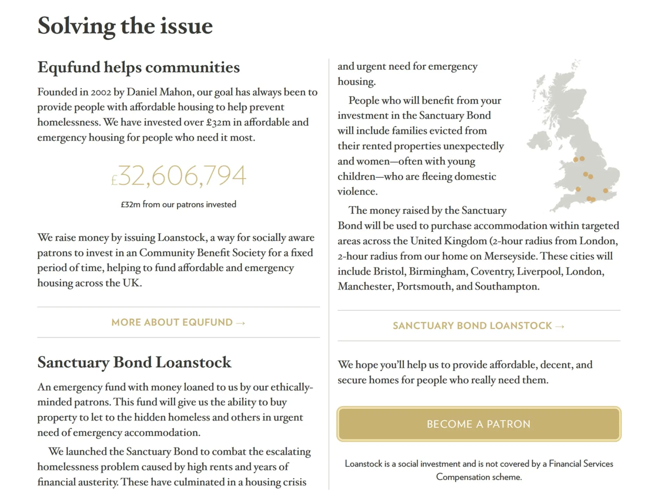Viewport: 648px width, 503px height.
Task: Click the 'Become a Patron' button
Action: [x=479, y=424]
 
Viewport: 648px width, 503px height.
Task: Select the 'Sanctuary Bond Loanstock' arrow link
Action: [x=478, y=326]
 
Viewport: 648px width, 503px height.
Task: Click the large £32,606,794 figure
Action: [x=179, y=176]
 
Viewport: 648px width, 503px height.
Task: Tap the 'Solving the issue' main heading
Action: [x=125, y=26]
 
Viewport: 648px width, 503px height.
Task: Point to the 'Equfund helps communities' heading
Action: [x=138, y=67]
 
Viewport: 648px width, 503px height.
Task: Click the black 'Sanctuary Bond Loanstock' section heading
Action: [x=134, y=362]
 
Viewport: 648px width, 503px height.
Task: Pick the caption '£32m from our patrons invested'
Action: [x=179, y=204]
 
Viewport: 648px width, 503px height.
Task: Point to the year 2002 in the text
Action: [x=101, y=92]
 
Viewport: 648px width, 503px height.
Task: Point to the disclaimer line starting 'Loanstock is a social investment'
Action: [x=479, y=464]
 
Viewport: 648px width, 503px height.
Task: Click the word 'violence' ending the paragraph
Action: [x=357, y=191]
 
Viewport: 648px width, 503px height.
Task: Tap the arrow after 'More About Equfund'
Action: [x=240, y=323]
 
